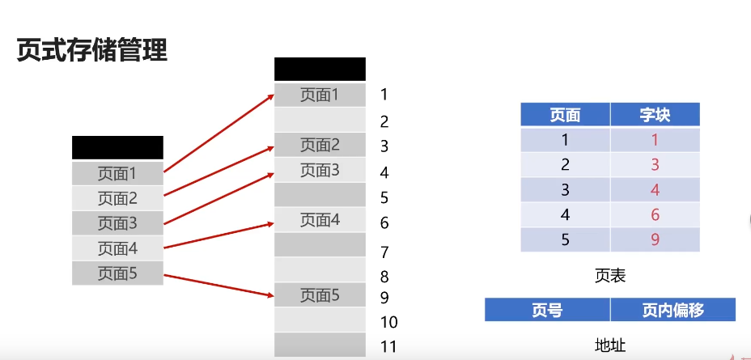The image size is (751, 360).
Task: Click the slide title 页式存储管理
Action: click(x=91, y=51)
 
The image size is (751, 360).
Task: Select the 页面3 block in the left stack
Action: click(x=117, y=223)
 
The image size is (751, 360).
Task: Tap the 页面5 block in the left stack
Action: click(x=117, y=273)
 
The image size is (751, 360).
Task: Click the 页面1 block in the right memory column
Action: click(x=320, y=95)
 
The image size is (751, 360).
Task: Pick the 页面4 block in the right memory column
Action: click(x=320, y=220)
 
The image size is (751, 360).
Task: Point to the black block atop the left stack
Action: click(x=117, y=147)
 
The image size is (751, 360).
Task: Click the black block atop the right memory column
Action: click(x=320, y=69)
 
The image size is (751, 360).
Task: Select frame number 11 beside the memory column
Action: click(x=388, y=347)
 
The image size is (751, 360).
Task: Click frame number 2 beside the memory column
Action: click(x=384, y=122)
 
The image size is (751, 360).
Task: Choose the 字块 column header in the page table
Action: click(x=655, y=115)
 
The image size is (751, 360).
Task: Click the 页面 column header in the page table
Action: click(x=565, y=115)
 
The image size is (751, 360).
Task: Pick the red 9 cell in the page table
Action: click(x=655, y=239)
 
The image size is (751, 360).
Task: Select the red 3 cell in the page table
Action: click(x=655, y=165)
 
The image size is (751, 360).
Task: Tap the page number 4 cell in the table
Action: click(x=565, y=215)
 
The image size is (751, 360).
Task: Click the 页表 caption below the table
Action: click(x=609, y=276)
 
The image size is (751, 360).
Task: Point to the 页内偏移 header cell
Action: click(x=673, y=310)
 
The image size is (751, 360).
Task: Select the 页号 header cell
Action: click(x=547, y=310)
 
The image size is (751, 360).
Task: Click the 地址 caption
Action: click(x=609, y=345)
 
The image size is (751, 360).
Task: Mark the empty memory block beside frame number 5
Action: click(x=320, y=195)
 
